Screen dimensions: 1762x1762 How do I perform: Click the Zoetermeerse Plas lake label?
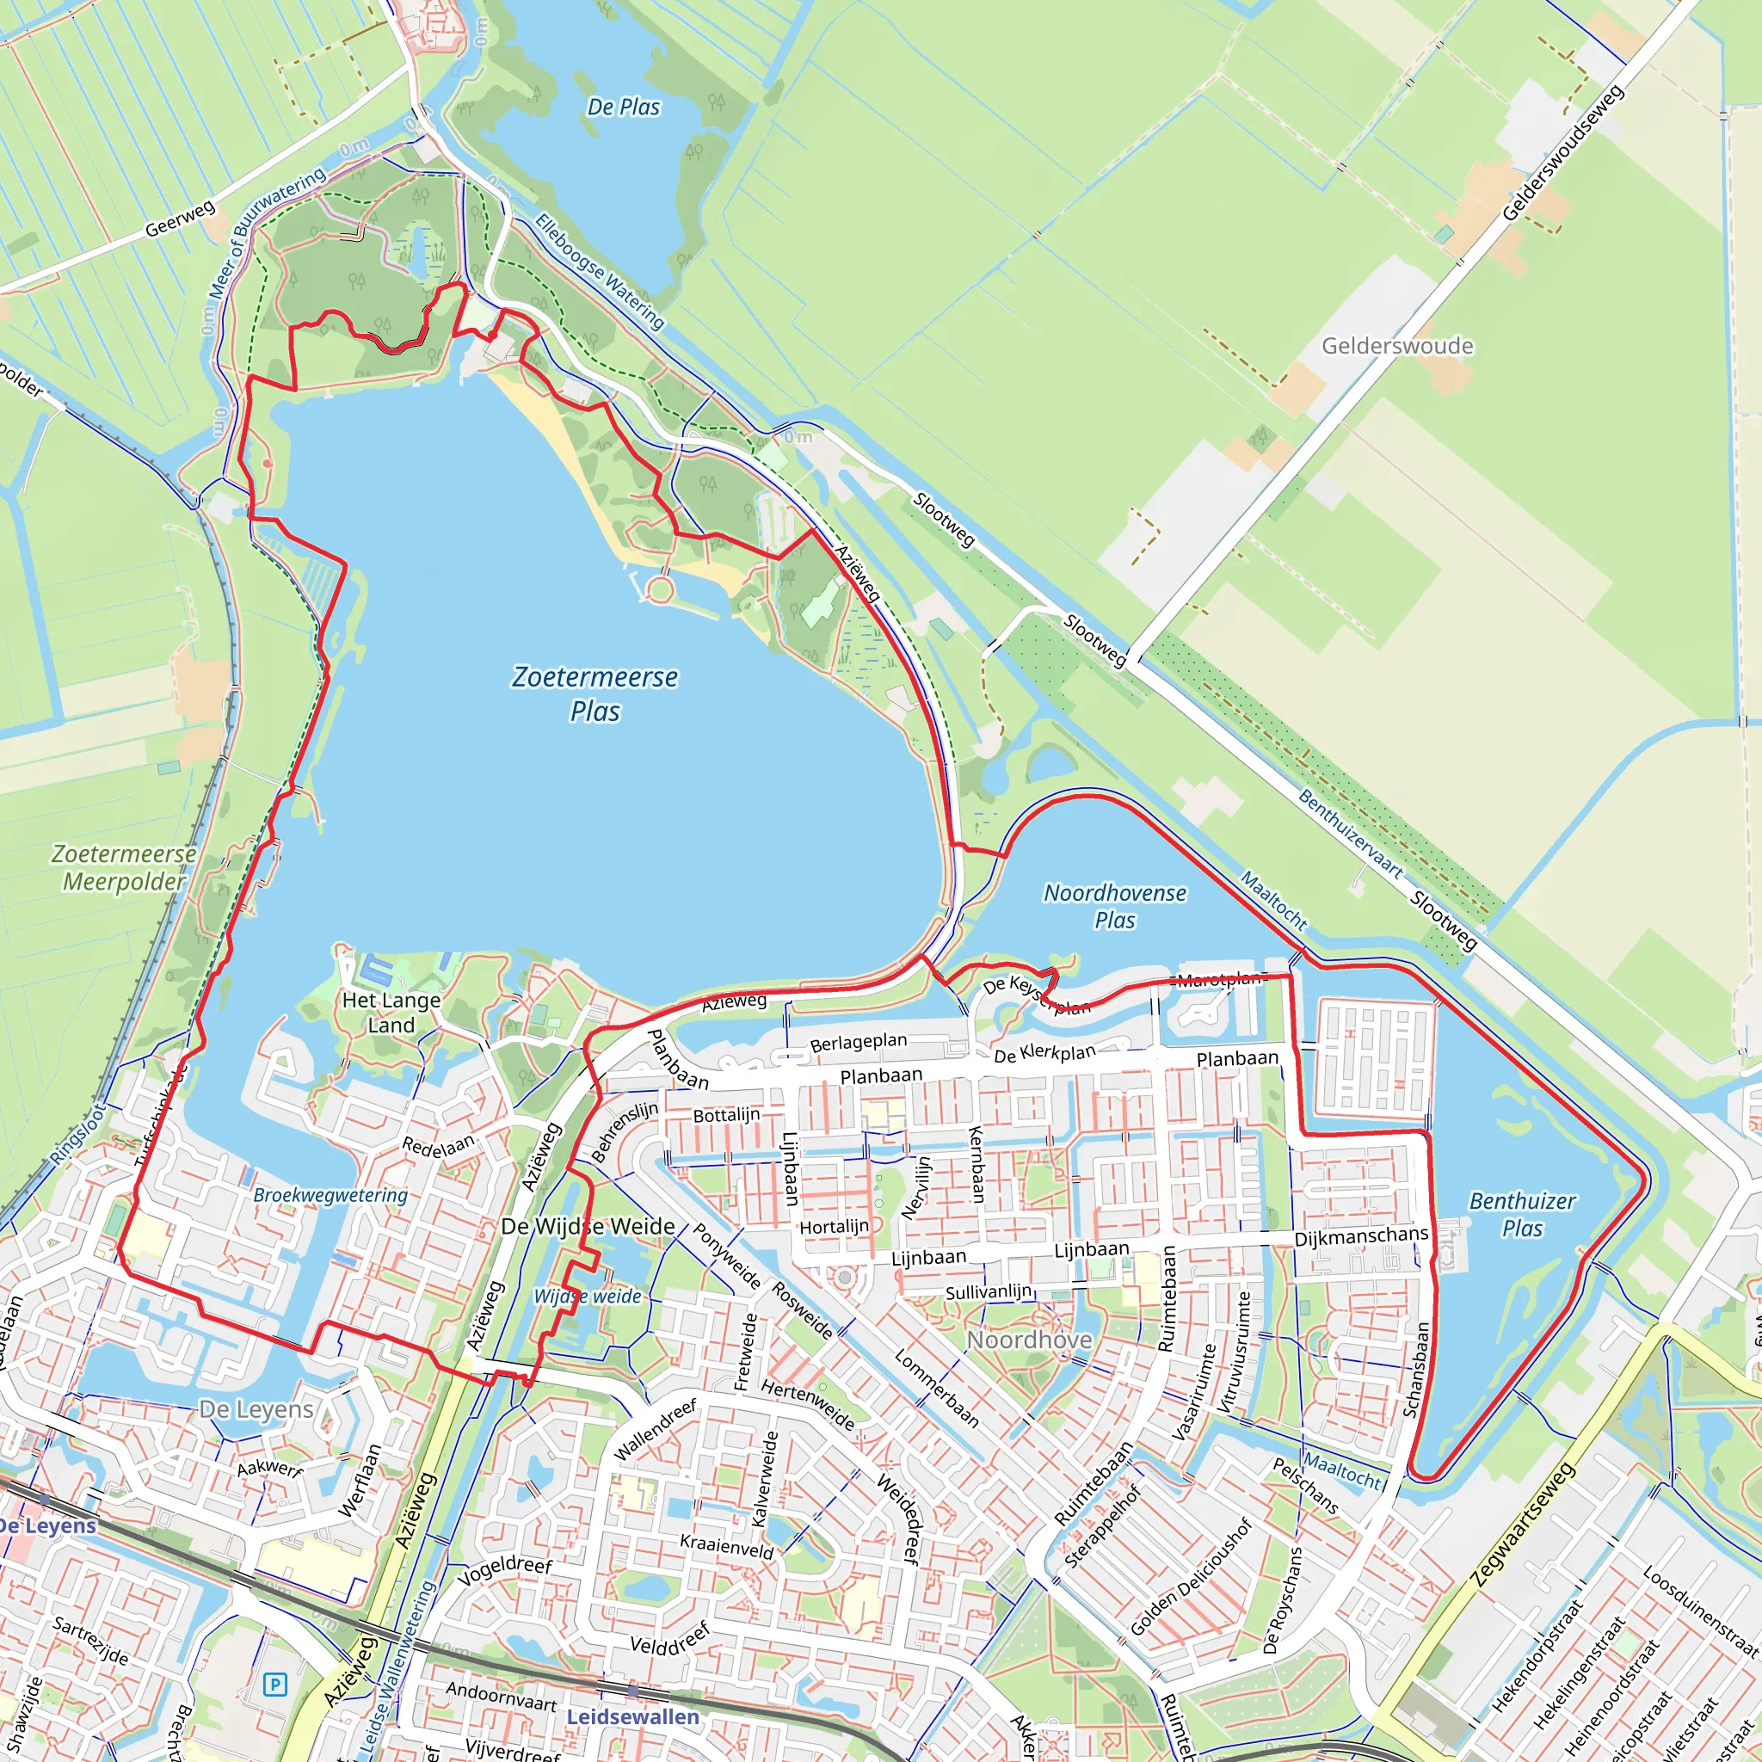point(595,693)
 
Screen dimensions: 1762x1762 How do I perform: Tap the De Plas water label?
point(623,108)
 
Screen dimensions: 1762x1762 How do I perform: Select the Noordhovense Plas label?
point(1114,906)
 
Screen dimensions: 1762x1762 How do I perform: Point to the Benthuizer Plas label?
point(1522,1214)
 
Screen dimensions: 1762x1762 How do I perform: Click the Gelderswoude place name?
point(1397,346)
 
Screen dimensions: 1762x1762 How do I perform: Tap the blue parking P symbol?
point(274,1684)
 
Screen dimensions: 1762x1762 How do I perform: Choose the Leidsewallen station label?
point(633,1716)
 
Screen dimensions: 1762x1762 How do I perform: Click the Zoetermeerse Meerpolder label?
point(123,867)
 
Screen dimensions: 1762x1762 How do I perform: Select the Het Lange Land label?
point(391,1013)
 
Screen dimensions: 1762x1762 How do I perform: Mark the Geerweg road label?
point(180,219)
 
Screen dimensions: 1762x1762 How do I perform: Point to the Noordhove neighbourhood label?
point(1029,1340)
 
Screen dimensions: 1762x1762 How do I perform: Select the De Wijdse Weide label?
point(588,1227)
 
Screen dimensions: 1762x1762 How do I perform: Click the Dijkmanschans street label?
point(1361,1235)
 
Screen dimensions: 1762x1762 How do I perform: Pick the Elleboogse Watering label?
point(599,271)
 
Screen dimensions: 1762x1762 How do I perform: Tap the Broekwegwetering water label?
point(330,1195)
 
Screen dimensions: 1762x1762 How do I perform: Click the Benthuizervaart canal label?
point(1350,835)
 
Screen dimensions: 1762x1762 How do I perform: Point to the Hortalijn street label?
point(834,1227)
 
